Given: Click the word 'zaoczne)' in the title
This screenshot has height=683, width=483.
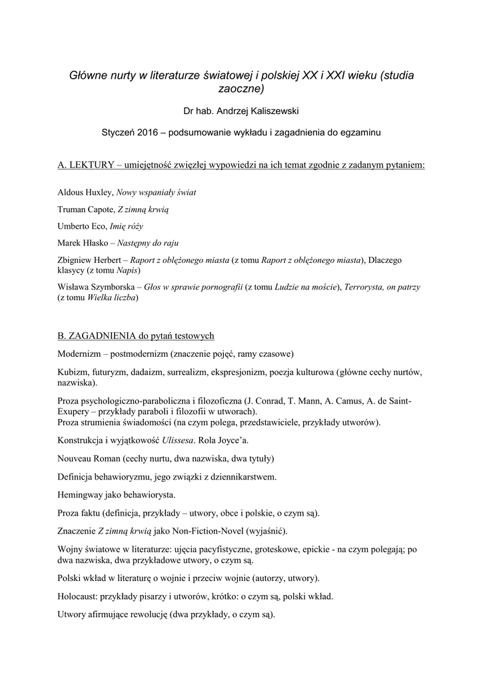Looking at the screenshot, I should [x=241, y=88].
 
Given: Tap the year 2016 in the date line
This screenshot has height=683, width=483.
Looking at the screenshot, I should [x=151, y=133].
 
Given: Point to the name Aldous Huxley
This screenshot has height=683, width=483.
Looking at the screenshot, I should [x=85, y=193].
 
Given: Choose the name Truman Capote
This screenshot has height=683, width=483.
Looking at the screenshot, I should [x=85, y=209].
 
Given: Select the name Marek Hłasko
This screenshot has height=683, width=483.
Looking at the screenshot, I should [x=83, y=243].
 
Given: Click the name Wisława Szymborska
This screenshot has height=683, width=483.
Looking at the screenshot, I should [x=97, y=287].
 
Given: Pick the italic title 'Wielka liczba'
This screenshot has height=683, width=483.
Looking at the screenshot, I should [x=113, y=297].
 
